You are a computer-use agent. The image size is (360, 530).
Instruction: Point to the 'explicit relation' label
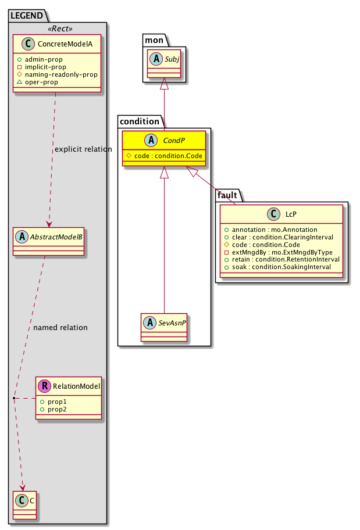point(83,149)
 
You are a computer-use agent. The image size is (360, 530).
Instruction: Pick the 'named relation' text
point(60,328)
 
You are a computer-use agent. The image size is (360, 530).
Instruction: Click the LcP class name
point(287,214)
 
